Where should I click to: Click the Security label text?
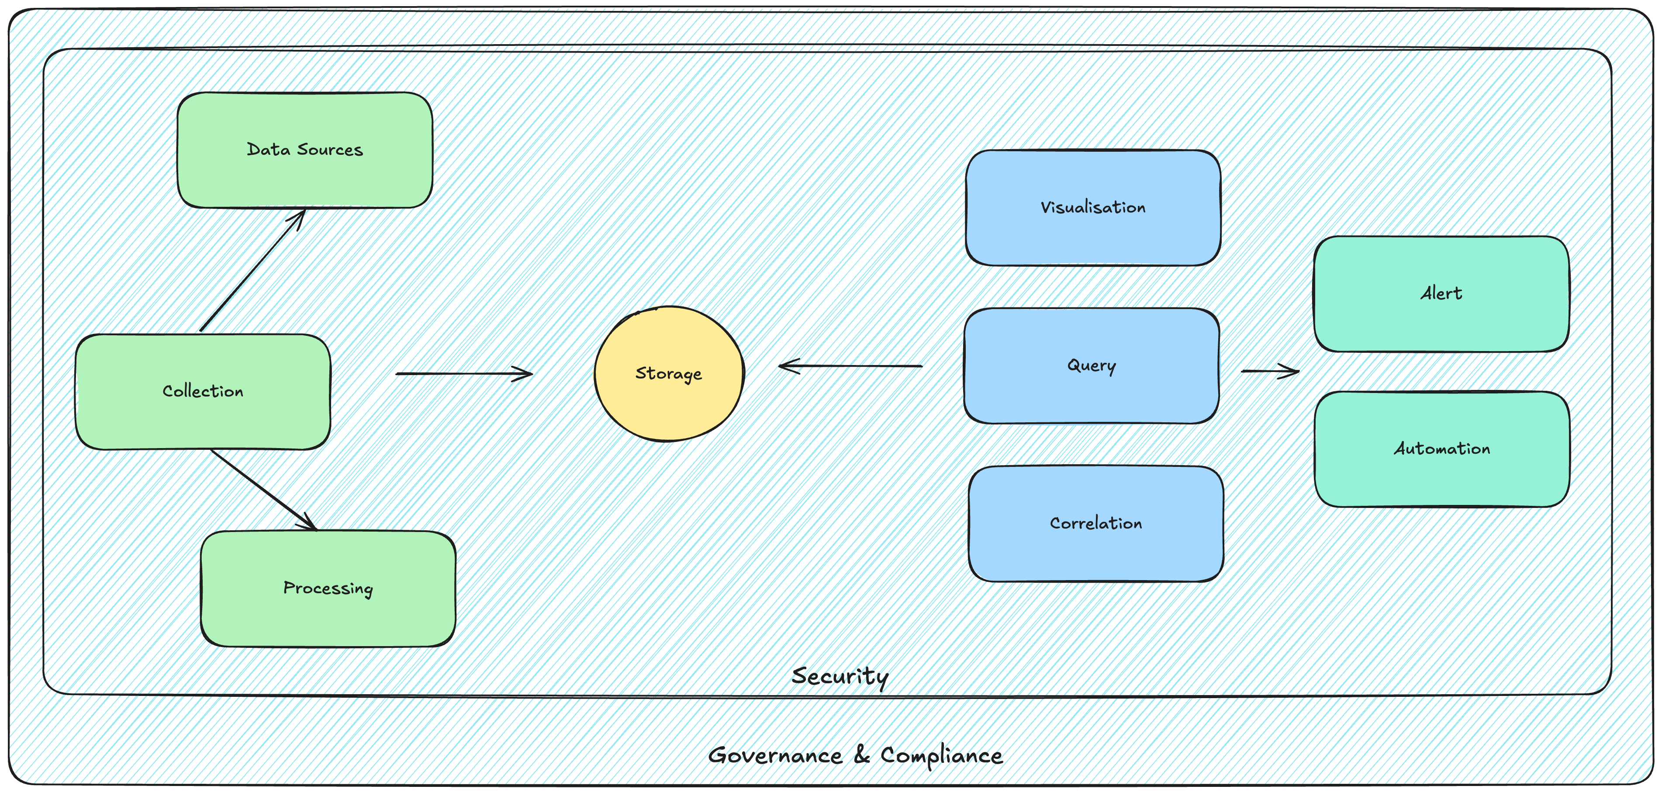(x=840, y=676)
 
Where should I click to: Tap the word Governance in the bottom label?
(x=775, y=755)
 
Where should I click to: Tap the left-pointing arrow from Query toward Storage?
(x=850, y=366)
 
